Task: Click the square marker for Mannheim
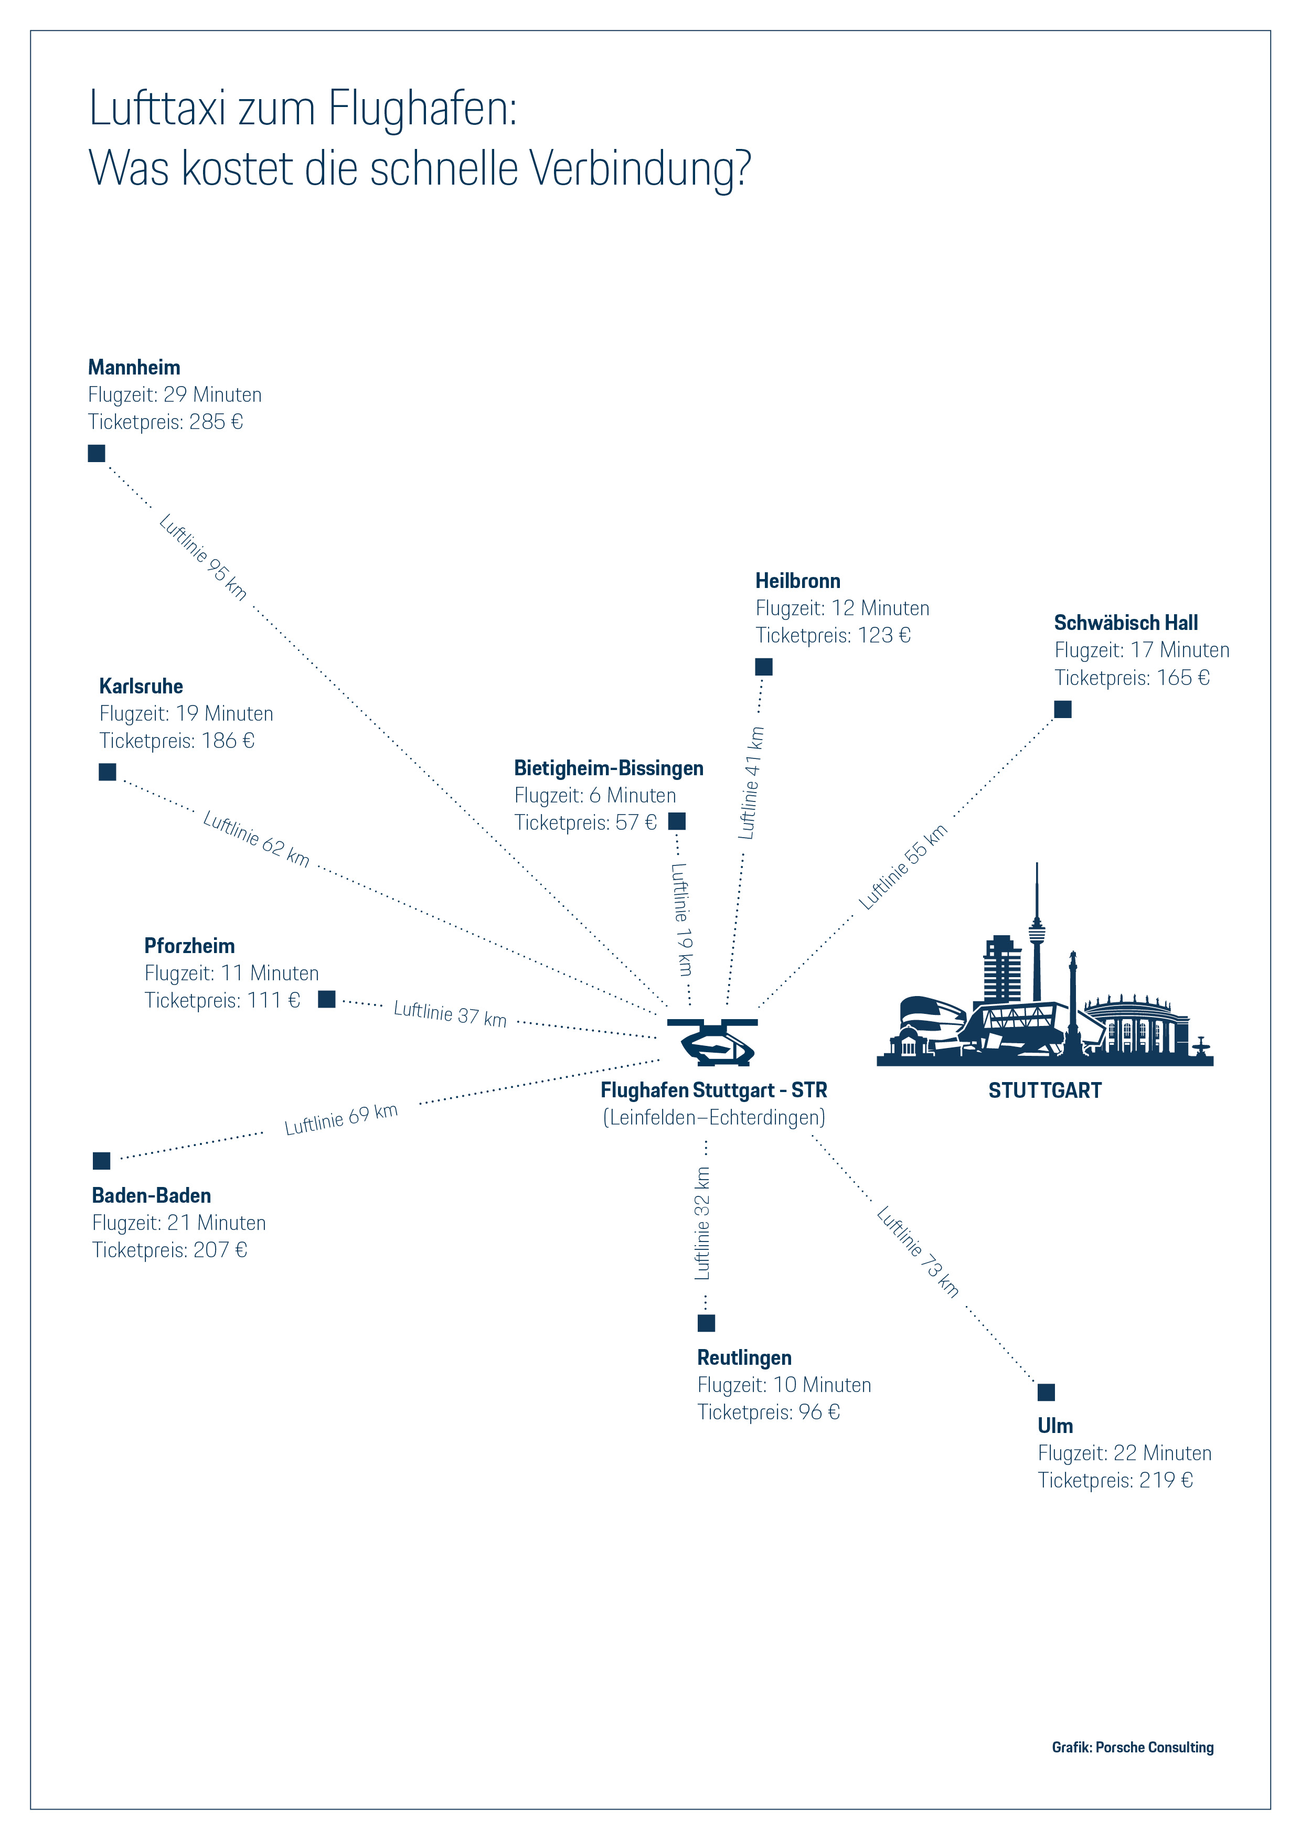[x=96, y=454]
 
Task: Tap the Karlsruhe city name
[x=141, y=687]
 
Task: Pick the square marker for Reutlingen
[x=706, y=1323]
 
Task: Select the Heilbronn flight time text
[x=841, y=608]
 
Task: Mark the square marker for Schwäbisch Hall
[x=1063, y=709]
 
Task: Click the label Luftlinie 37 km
[x=450, y=1014]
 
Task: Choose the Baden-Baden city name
[x=152, y=1196]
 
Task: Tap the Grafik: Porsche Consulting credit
[x=1133, y=1747]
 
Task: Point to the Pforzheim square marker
[x=326, y=999]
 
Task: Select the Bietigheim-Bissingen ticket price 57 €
[x=585, y=823]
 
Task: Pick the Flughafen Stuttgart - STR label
[x=713, y=1090]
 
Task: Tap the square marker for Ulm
[x=1046, y=1393]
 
